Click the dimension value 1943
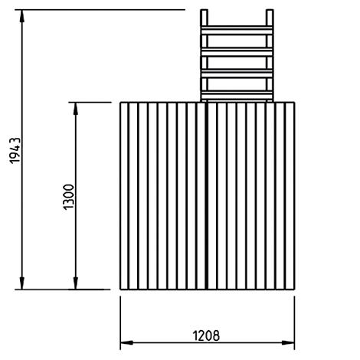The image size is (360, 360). click(15, 151)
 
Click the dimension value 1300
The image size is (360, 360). click(68, 197)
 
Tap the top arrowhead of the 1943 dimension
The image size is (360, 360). click(22, 18)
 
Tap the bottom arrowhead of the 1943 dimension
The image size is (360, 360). click(22, 282)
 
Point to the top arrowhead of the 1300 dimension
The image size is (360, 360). click(75, 110)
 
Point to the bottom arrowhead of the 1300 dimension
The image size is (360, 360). click(75, 282)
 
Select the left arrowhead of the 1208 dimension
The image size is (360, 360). click(127, 342)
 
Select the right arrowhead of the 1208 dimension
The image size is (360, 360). click(288, 342)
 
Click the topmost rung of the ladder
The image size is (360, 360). click(237, 31)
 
